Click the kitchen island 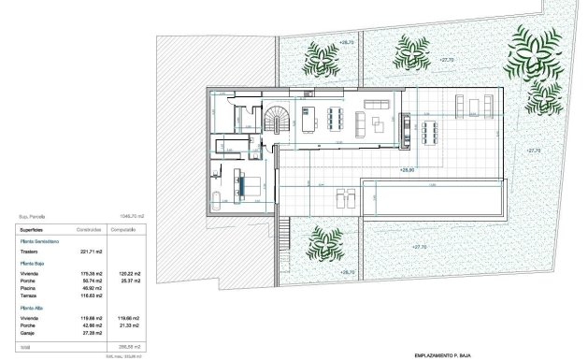[x=310, y=118]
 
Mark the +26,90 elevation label [x=407, y=170]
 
